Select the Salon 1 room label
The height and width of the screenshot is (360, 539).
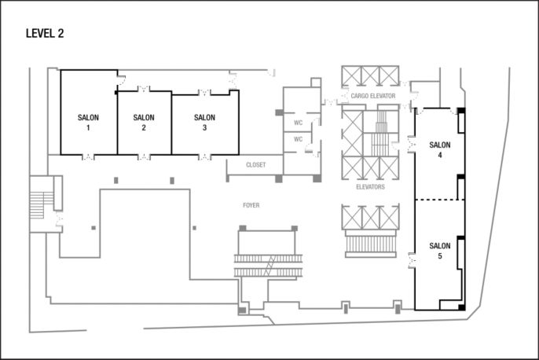88,122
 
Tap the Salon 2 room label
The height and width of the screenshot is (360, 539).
144,122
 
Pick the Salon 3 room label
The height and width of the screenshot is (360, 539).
203,122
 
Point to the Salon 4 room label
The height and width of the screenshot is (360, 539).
440,149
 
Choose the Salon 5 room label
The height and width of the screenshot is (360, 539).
440,251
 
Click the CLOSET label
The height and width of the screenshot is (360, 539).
255,166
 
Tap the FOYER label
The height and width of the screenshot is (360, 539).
251,205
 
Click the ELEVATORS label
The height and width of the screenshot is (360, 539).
370,187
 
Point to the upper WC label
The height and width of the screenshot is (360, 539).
298,123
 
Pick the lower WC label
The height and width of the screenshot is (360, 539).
298,139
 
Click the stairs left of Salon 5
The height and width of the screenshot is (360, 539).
370,243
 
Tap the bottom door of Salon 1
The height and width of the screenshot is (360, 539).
88,156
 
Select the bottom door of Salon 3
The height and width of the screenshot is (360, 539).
204,156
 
